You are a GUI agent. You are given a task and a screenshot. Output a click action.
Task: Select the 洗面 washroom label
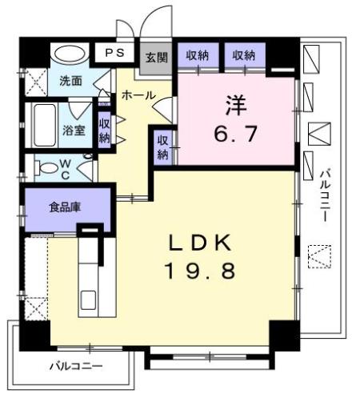[70, 81]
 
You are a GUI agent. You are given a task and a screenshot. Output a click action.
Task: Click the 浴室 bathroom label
[75, 131]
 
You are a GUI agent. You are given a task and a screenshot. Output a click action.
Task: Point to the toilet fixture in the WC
[50, 170]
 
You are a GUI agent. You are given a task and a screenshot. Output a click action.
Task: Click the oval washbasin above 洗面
[69, 54]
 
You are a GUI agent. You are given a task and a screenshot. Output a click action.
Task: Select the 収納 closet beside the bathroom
[105, 129]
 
